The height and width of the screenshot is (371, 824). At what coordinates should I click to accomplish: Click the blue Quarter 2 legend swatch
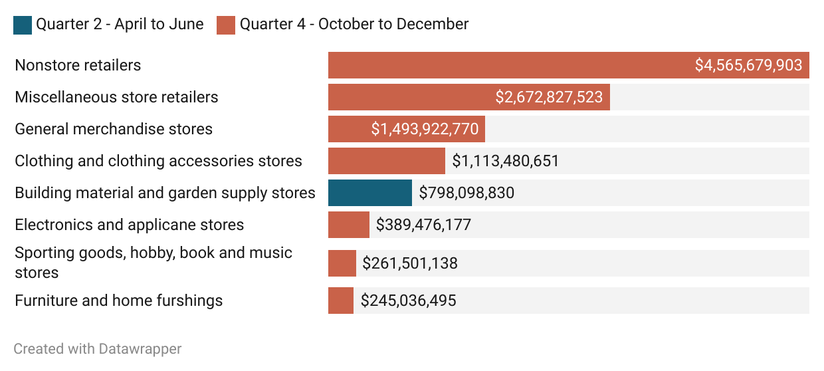(x=23, y=25)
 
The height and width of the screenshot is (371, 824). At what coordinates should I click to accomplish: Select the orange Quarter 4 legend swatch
(x=226, y=25)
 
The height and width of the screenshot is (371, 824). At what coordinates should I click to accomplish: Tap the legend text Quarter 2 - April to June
(x=120, y=25)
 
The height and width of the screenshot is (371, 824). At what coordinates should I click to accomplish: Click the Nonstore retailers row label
(x=78, y=65)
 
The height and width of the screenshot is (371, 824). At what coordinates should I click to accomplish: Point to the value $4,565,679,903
(x=748, y=65)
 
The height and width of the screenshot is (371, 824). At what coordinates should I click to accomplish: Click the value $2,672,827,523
(x=549, y=97)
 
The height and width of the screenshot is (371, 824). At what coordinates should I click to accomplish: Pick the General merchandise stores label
(x=114, y=129)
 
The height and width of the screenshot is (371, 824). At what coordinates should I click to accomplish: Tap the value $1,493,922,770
(x=425, y=129)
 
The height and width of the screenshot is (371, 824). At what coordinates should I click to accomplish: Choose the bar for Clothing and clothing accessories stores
(x=386, y=161)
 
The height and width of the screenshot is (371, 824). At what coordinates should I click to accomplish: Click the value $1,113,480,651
(x=506, y=161)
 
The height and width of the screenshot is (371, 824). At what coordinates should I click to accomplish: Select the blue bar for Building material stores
(x=369, y=193)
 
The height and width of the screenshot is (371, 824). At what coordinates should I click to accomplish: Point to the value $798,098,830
(x=466, y=193)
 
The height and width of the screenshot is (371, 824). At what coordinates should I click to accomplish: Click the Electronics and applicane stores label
(x=129, y=225)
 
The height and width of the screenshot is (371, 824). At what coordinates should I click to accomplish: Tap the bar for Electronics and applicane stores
(x=348, y=225)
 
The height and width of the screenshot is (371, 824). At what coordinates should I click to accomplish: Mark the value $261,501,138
(x=410, y=263)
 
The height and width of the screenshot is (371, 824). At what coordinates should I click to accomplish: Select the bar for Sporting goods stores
(x=342, y=263)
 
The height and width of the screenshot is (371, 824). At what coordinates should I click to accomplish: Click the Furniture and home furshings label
(x=118, y=301)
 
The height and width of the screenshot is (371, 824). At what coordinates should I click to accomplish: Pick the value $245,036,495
(x=409, y=301)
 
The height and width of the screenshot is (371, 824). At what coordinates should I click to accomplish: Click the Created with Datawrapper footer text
(x=97, y=348)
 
